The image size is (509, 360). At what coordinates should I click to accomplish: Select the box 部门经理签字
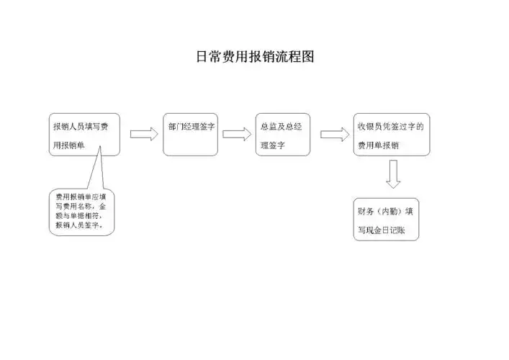pyautogui.click(x=191, y=134)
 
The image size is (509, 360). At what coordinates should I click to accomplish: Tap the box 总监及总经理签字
pyautogui.click(x=283, y=134)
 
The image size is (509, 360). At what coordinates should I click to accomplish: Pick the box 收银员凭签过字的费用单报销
pyautogui.click(x=392, y=134)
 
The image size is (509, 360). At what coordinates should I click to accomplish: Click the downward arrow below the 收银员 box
pyautogui.click(x=393, y=173)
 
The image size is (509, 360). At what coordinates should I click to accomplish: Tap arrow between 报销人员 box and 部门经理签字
pyautogui.click(x=144, y=134)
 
